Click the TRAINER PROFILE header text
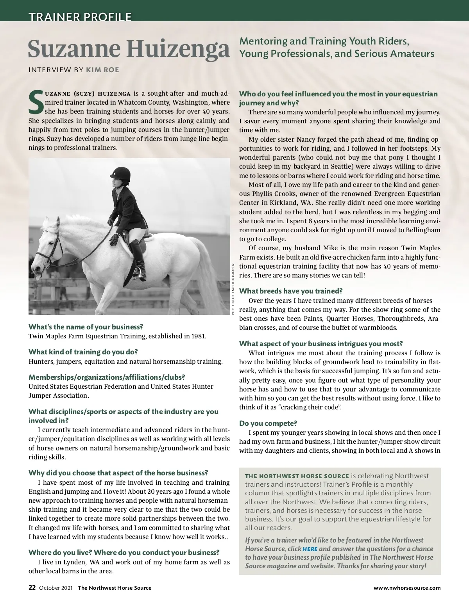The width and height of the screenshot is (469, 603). (80, 17)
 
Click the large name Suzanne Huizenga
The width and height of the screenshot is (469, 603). (129, 49)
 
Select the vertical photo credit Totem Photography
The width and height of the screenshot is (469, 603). (233, 289)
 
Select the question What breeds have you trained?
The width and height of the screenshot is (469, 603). (291, 291)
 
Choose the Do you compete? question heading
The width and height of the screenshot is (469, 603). (268, 423)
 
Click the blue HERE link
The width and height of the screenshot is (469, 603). (310, 549)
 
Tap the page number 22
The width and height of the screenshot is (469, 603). (32, 587)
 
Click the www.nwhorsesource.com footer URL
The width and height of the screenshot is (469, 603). (407, 588)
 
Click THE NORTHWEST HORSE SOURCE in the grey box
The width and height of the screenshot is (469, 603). (297, 476)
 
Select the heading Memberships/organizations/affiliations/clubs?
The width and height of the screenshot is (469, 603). (107, 377)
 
